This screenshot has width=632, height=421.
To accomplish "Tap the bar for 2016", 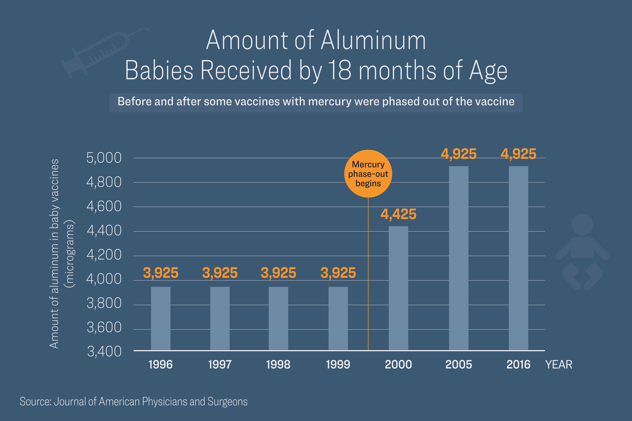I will (518, 258).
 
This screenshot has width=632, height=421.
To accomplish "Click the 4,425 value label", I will (398, 214).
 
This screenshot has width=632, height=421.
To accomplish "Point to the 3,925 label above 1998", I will (278, 273).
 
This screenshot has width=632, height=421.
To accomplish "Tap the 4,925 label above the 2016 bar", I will (518, 154).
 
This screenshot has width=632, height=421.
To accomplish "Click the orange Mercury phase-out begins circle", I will (368, 173).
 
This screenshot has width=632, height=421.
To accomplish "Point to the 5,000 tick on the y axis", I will (104, 158).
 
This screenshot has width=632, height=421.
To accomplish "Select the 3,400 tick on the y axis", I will (104, 351).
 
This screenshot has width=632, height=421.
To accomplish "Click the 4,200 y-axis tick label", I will (104, 255).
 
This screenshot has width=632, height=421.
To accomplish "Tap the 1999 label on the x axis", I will (338, 365).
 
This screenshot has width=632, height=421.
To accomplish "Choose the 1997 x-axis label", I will (220, 365).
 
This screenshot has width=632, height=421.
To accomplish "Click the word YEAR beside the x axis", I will (559, 365).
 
